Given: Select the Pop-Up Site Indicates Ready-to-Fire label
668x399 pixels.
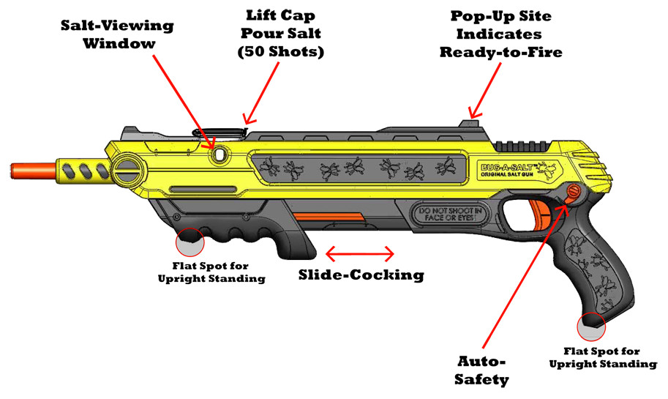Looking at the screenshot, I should (500, 34).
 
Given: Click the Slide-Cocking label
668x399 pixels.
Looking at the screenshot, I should (361, 275).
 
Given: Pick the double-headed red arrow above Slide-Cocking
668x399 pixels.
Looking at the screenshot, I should (359, 254).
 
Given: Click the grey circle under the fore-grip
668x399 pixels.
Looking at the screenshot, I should (189, 242).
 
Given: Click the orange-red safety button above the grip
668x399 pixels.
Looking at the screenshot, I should (572, 192).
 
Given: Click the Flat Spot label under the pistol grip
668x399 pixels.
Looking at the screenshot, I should (610, 357).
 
